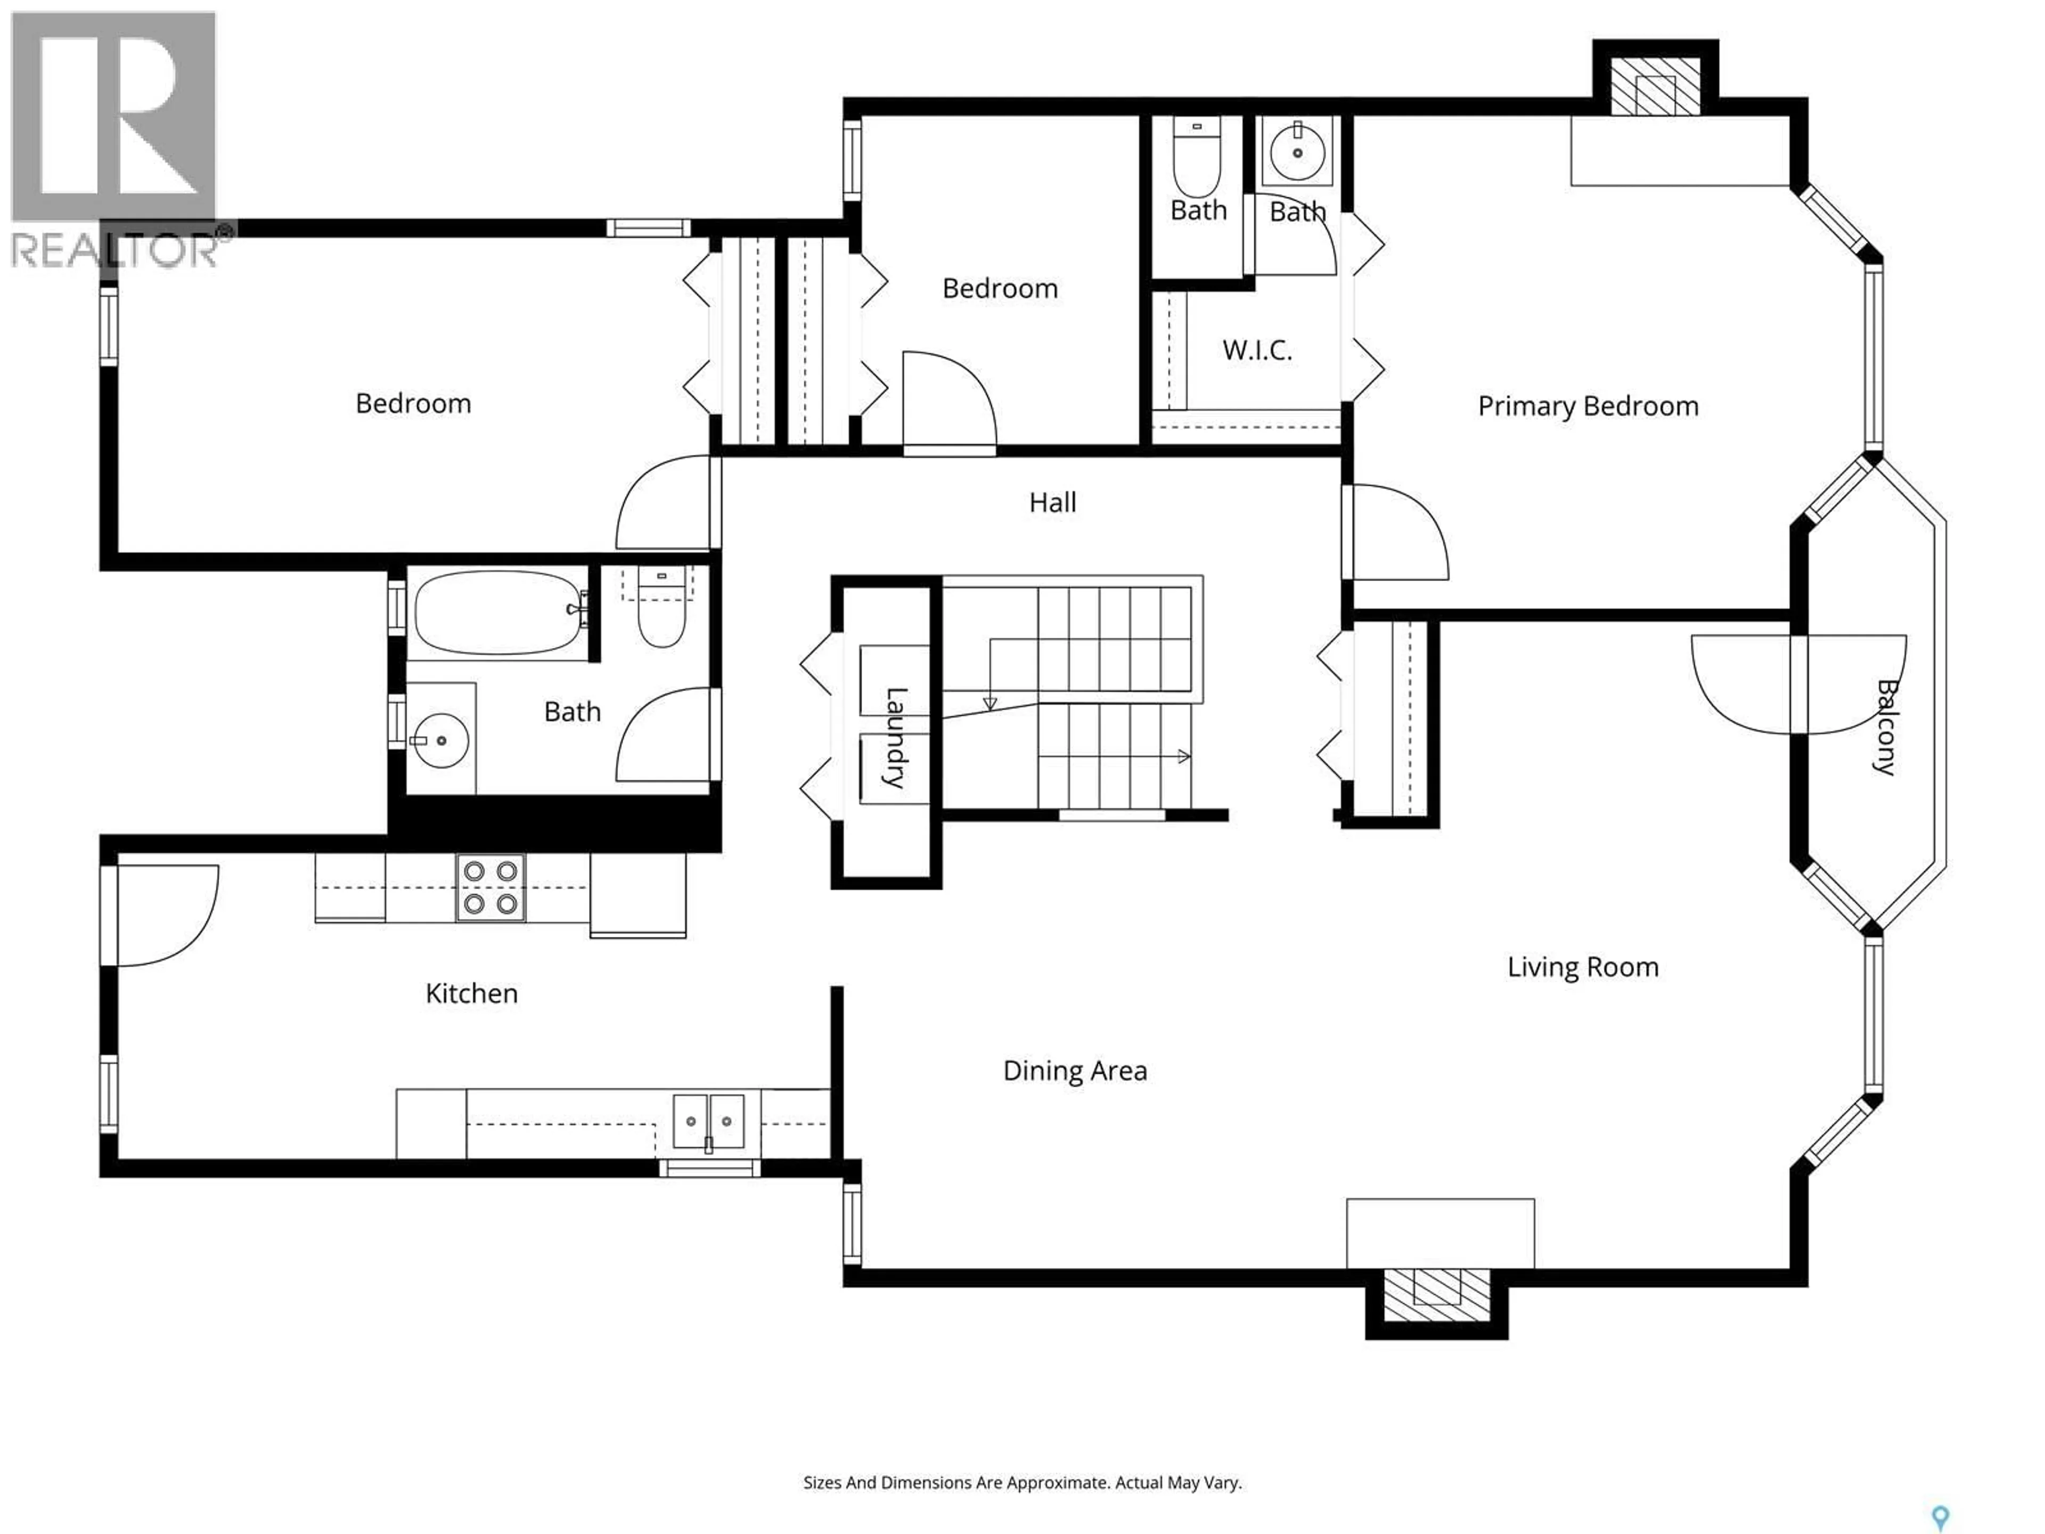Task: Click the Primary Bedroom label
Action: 1588,406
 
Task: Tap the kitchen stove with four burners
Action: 490,887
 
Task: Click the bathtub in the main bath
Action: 498,612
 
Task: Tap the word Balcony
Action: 1886,727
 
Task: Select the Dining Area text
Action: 1074,1071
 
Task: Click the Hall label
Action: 1052,502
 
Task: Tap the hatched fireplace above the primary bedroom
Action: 1655,88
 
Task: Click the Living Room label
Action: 1582,967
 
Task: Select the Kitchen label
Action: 471,993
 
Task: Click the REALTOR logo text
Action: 116,250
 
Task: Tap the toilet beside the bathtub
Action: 661,615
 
